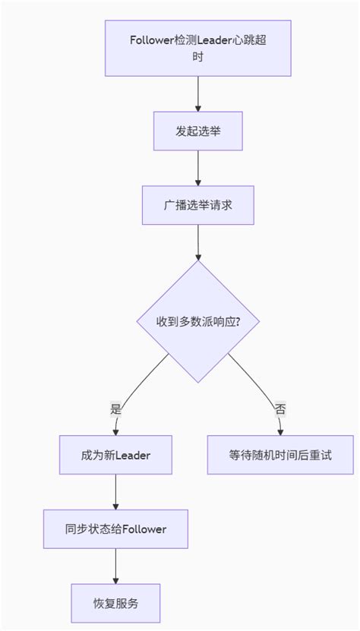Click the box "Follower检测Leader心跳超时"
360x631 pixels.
[197, 48]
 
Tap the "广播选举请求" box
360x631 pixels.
[197, 205]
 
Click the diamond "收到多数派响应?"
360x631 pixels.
[197, 321]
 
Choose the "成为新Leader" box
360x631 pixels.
[115, 456]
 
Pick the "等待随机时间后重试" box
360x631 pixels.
[280, 456]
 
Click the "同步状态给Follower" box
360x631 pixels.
[115, 528]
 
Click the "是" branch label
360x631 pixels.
[115, 409]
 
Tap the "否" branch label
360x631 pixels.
[280, 409]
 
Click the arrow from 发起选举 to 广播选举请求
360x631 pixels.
[197, 168]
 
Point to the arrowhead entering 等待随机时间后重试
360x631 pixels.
[280, 432]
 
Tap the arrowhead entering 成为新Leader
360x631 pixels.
[115, 432]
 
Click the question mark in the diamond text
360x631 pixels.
[238, 321]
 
